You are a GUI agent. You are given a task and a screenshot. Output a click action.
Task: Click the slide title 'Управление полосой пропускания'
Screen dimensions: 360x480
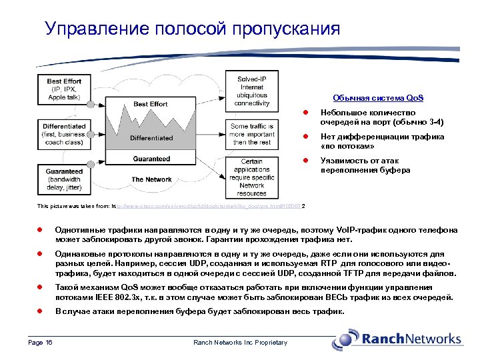pyautogui.click(x=192, y=29)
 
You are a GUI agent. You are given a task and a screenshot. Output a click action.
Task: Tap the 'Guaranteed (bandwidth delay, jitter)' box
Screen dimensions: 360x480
pyautogui.click(x=64, y=179)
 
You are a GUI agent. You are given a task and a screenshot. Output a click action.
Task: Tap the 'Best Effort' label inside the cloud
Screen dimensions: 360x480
pyautogui.click(x=150, y=104)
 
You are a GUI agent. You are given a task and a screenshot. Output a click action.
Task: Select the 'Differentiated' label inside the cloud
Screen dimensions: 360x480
pyautogui.click(x=151, y=138)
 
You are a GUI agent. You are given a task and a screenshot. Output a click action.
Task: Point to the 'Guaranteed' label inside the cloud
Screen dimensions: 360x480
pyautogui.click(x=151, y=159)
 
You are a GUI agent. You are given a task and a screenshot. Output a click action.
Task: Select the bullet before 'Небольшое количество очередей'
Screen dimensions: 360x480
pyautogui.click(x=304, y=113)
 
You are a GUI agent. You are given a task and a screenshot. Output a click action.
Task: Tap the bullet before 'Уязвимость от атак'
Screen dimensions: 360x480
pyautogui.click(x=304, y=161)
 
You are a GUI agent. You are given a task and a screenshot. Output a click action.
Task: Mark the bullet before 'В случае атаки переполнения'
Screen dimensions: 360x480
pyautogui.click(x=39, y=311)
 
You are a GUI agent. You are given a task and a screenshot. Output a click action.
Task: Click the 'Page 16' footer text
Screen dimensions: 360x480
pyautogui.click(x=40, y=343)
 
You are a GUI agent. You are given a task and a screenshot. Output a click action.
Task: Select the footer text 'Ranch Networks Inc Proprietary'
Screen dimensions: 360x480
pyautogui.click(x=240, y=343)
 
